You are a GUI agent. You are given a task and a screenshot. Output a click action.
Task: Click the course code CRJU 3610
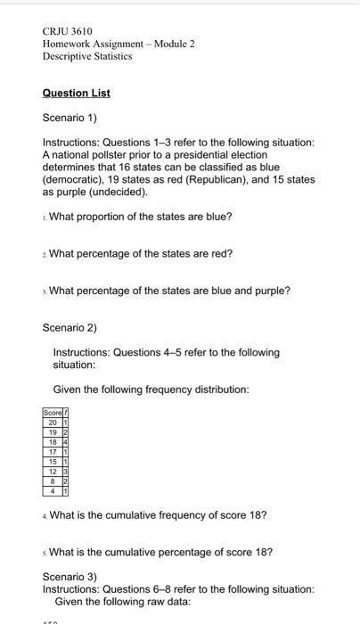[68, 31]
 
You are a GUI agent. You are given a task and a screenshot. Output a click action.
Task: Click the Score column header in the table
[52, 413]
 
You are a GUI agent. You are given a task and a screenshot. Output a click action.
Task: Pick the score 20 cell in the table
[52, 422]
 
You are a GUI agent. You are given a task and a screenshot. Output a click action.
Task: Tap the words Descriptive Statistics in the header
[87, 55]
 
